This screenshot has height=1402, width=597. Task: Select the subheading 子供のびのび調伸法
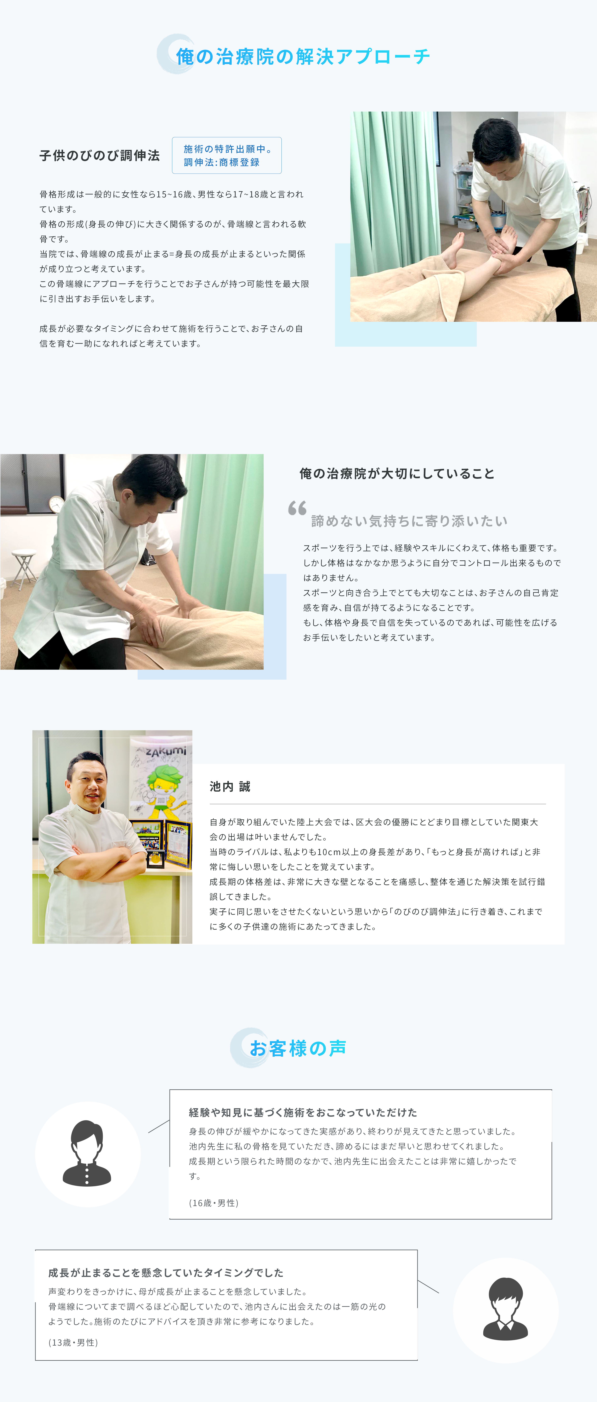[x=99, y=156]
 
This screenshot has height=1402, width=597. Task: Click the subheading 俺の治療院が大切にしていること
[x=397, y=474]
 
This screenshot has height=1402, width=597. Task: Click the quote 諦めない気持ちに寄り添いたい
[x=409, y=521]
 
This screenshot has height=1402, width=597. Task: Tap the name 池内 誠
[x=230, y=786]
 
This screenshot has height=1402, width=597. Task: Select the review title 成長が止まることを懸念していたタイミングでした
[x=165, y=1272]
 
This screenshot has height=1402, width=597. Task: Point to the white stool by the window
[x=23, y=569]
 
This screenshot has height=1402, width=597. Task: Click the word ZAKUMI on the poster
[x=166, y=752]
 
